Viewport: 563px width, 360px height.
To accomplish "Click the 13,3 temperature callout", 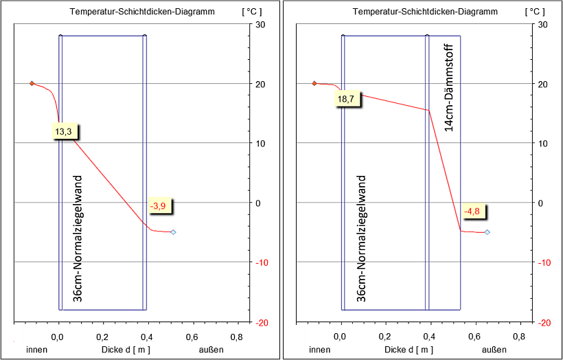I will (x=63, y=131).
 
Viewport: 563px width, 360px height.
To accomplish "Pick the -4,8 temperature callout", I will (x=472, y=212).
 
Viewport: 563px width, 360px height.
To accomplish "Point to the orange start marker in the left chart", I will (x=32, y=83).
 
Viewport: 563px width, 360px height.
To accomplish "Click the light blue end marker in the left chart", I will (x=173, y=232).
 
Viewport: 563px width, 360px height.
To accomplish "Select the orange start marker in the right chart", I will (x=314, y=83).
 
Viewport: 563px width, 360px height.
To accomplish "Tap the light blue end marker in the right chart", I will (x=487, y=232).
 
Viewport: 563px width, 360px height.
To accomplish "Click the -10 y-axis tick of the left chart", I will (x=265, y=262).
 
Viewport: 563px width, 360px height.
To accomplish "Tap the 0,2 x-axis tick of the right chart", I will (x=384, y=337).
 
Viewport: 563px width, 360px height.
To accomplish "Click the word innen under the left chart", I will (x=36, y=350).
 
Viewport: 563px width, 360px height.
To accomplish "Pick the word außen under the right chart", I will (x=494, y=350).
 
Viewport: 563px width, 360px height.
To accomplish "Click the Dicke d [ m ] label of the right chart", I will (x=409, y=350).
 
